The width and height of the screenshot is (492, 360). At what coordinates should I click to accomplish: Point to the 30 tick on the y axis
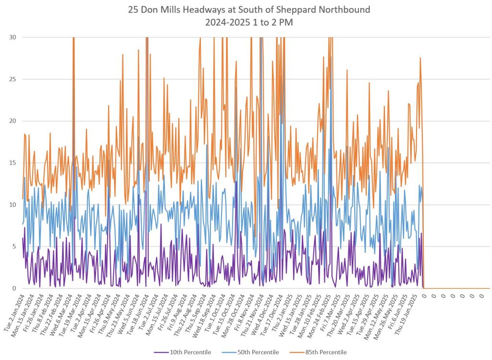[13, 37]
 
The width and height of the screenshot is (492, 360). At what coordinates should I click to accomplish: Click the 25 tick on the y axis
[13, 79]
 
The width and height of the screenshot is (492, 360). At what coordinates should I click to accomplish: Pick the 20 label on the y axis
[13, 121]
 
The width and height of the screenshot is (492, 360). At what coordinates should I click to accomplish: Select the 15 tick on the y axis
[13, 163]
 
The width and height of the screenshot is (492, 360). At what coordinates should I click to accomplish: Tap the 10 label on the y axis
[13, 205]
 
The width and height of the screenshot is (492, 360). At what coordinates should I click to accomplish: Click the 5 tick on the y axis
[15, 247]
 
